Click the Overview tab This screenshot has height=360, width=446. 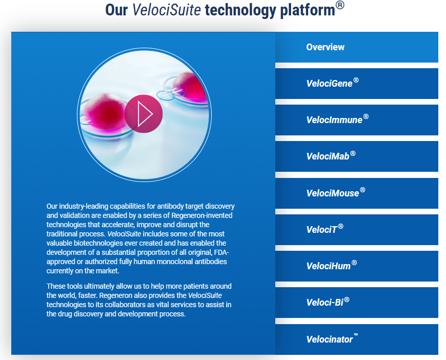(x=357, y=47)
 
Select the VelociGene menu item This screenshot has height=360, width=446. (x=357, y=84)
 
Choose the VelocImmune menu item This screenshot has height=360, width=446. (x=357, y=120)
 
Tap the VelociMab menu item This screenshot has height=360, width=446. (x=357, y=156)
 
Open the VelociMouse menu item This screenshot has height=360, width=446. (x=357, y=193)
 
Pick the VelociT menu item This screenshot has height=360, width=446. (x=357, y=230)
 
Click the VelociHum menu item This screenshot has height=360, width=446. (x=357, y=266)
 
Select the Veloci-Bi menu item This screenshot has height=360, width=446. (x=357, y=303)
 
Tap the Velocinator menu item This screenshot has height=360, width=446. (x=357, y=339)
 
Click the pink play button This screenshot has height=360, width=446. (x=144, y=114)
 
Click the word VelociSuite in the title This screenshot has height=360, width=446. (x=167, y=10)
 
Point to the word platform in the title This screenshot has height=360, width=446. (x=308, y=11)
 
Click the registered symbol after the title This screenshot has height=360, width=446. (x=340, y=5)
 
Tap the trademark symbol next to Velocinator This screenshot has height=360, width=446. (x=356, y=334)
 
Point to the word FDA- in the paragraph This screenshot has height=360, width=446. (x=221, y=252)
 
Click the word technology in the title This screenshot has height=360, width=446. (x=240, y=11)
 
